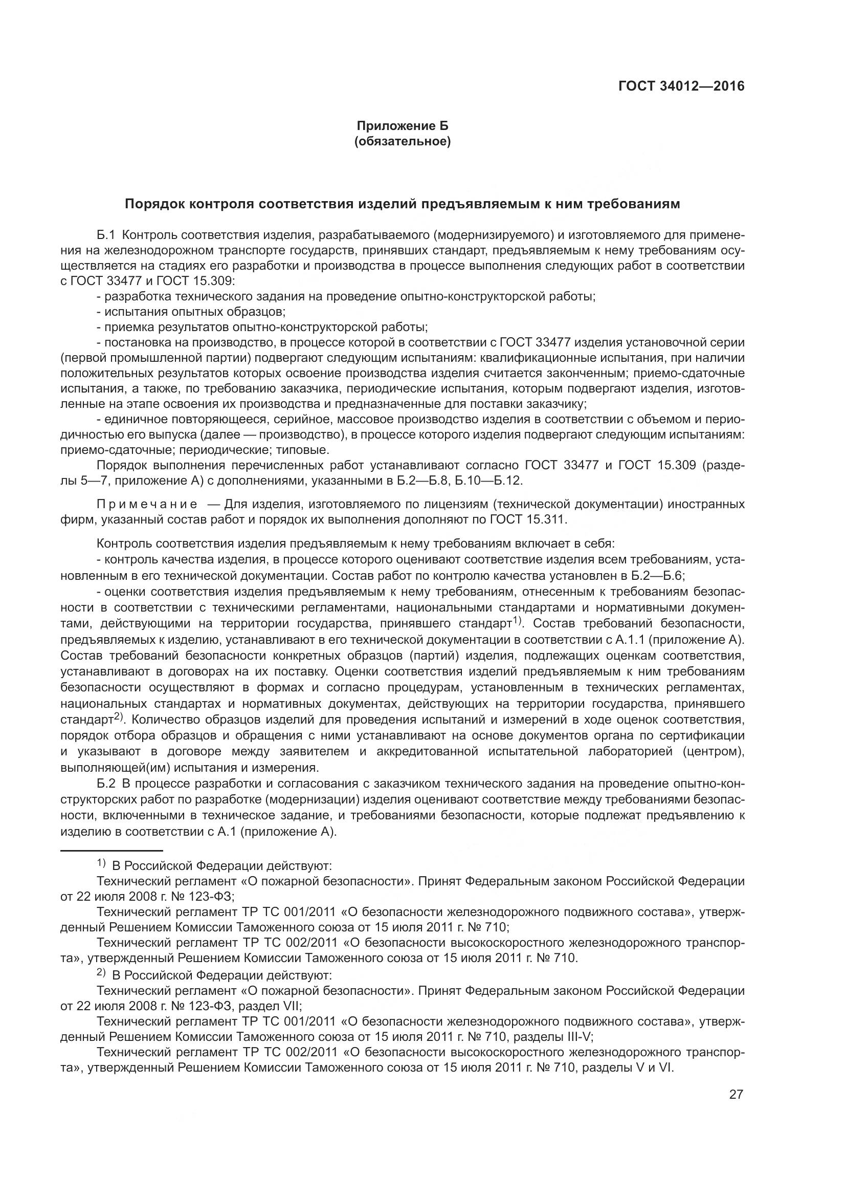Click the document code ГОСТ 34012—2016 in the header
(x=681, y=86)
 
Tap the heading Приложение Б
(x=402, y=126)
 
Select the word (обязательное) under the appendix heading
(x=402, y=141)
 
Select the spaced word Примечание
(x=147, y=504)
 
